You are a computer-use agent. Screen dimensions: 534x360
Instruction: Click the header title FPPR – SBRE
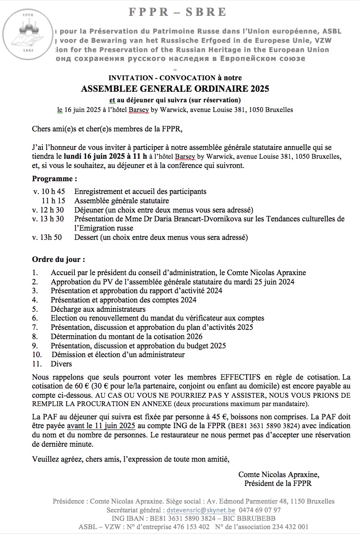click(x=178, y=12)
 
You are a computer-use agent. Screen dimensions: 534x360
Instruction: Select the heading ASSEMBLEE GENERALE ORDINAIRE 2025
click(x=175, y=89)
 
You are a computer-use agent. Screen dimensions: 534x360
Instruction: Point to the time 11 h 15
click(x=53, y=201)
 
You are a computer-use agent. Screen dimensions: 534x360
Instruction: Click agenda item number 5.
click(x=35, y=309)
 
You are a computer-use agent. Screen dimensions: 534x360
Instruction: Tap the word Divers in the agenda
click(x=61, y=364)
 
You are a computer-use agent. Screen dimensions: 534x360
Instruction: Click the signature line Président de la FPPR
click(x=278, y=484)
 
